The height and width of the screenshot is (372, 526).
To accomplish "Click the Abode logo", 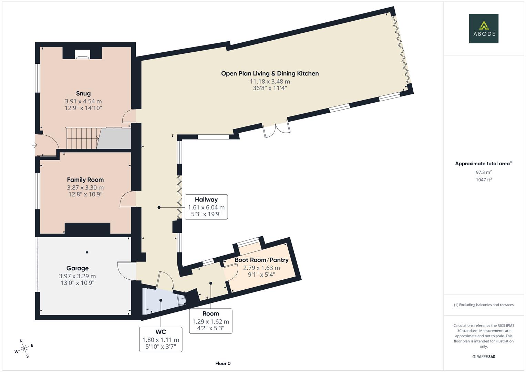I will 483,29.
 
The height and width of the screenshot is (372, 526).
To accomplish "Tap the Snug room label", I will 83,93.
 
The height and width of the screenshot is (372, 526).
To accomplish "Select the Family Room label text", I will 85,179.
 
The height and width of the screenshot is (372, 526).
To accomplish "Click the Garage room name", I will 78,268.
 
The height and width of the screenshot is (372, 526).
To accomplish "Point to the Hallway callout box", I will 206,207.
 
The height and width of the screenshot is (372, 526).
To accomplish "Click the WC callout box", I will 161,339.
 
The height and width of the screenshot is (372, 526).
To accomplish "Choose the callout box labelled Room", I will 210,321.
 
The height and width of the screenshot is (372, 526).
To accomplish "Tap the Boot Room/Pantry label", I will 261,260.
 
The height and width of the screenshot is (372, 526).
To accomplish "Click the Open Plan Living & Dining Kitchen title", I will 270,73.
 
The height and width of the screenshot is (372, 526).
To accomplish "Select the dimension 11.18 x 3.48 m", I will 270,82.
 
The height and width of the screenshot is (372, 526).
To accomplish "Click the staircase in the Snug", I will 82,138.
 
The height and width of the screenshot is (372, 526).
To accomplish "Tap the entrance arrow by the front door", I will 34,145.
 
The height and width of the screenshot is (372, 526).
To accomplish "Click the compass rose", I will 24,349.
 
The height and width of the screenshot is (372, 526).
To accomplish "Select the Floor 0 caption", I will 223,363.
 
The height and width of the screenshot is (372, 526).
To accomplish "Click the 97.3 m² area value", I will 483,172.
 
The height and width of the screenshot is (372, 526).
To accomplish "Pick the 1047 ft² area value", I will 483,180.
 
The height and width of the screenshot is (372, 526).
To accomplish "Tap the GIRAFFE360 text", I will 483,356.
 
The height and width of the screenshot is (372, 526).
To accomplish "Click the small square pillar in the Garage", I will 87,252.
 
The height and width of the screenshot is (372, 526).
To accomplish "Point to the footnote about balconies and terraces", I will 483,305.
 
